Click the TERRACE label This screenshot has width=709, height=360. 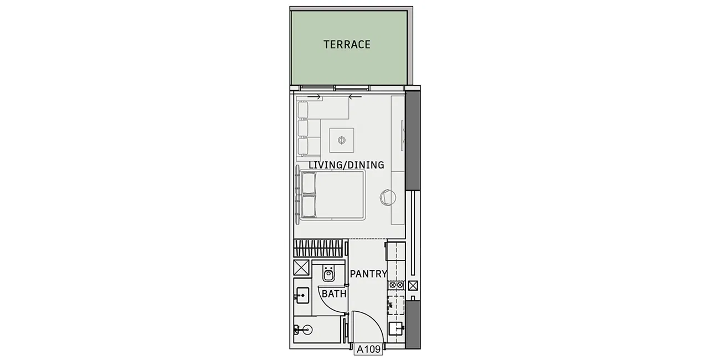coord(347,45)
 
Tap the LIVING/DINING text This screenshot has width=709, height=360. coord(346,165)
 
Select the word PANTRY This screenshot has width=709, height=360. coord(368,274)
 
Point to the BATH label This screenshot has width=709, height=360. coord(333,294)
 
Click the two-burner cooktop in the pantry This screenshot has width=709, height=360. coord(396,285)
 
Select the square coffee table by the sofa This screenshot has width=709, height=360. coord(342,140)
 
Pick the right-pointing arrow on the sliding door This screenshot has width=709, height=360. coord(315,97)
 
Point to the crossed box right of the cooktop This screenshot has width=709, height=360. coord(413,286)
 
